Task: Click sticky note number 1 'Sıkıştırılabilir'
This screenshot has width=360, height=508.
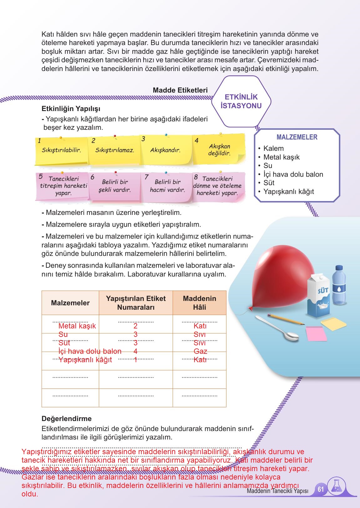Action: coord(61,150)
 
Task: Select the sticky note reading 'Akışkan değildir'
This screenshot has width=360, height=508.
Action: coord(219,150)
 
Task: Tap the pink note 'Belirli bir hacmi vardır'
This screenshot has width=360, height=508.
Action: coord(167,186)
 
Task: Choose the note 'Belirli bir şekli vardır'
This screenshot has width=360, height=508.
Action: coord(114,186)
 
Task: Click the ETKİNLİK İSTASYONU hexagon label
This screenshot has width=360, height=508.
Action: coord(241,101)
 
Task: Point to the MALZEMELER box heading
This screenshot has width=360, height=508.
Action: coord(297,137)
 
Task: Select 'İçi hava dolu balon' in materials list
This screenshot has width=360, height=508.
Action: coord(293,174)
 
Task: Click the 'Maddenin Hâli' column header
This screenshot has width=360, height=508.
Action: coord(199,303)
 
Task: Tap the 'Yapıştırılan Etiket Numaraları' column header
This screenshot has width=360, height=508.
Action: coord(136,303)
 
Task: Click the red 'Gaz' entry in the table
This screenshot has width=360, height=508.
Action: coord(200,351)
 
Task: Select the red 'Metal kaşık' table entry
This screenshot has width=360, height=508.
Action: coord(77,326)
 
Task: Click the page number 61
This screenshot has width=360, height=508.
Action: coord(321,489)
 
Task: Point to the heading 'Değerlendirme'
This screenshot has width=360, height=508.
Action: coord(67,419)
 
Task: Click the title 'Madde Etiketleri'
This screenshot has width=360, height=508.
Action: coord(180,90)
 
